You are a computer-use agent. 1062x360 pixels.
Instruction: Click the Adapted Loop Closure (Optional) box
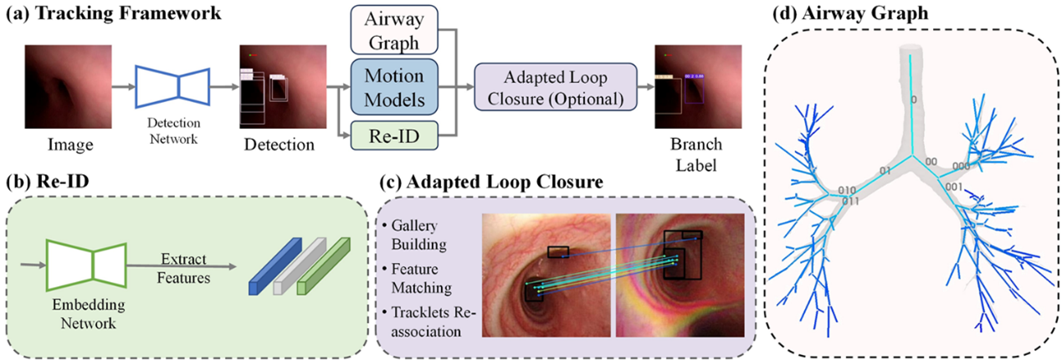[x=556, y=87]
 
